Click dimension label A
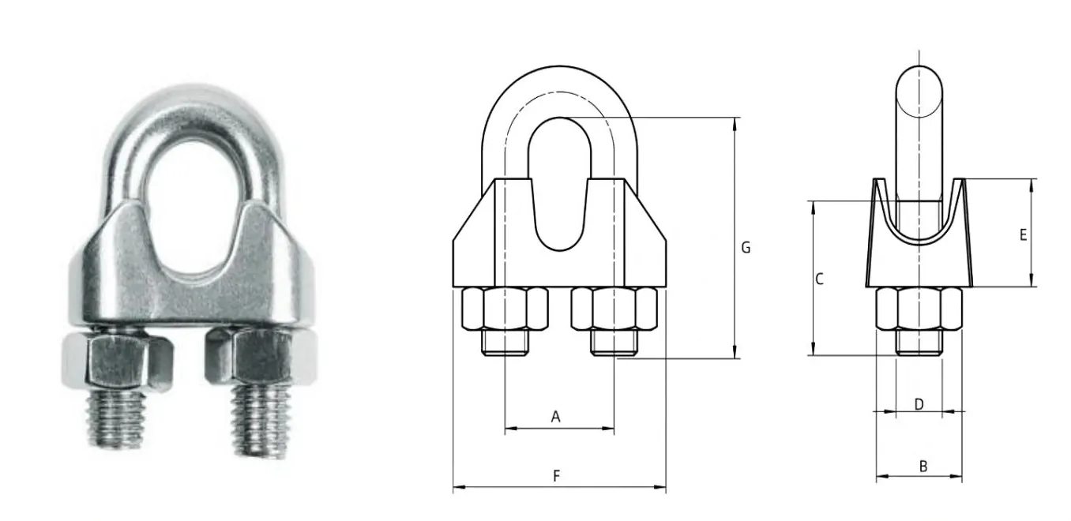[x=555, y=416]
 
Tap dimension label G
[x=745, y=248]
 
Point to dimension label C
[x=819, y=279]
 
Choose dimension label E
[x=1023, y=234]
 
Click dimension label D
[x=919, y=404]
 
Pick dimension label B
[x=923, y=467]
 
